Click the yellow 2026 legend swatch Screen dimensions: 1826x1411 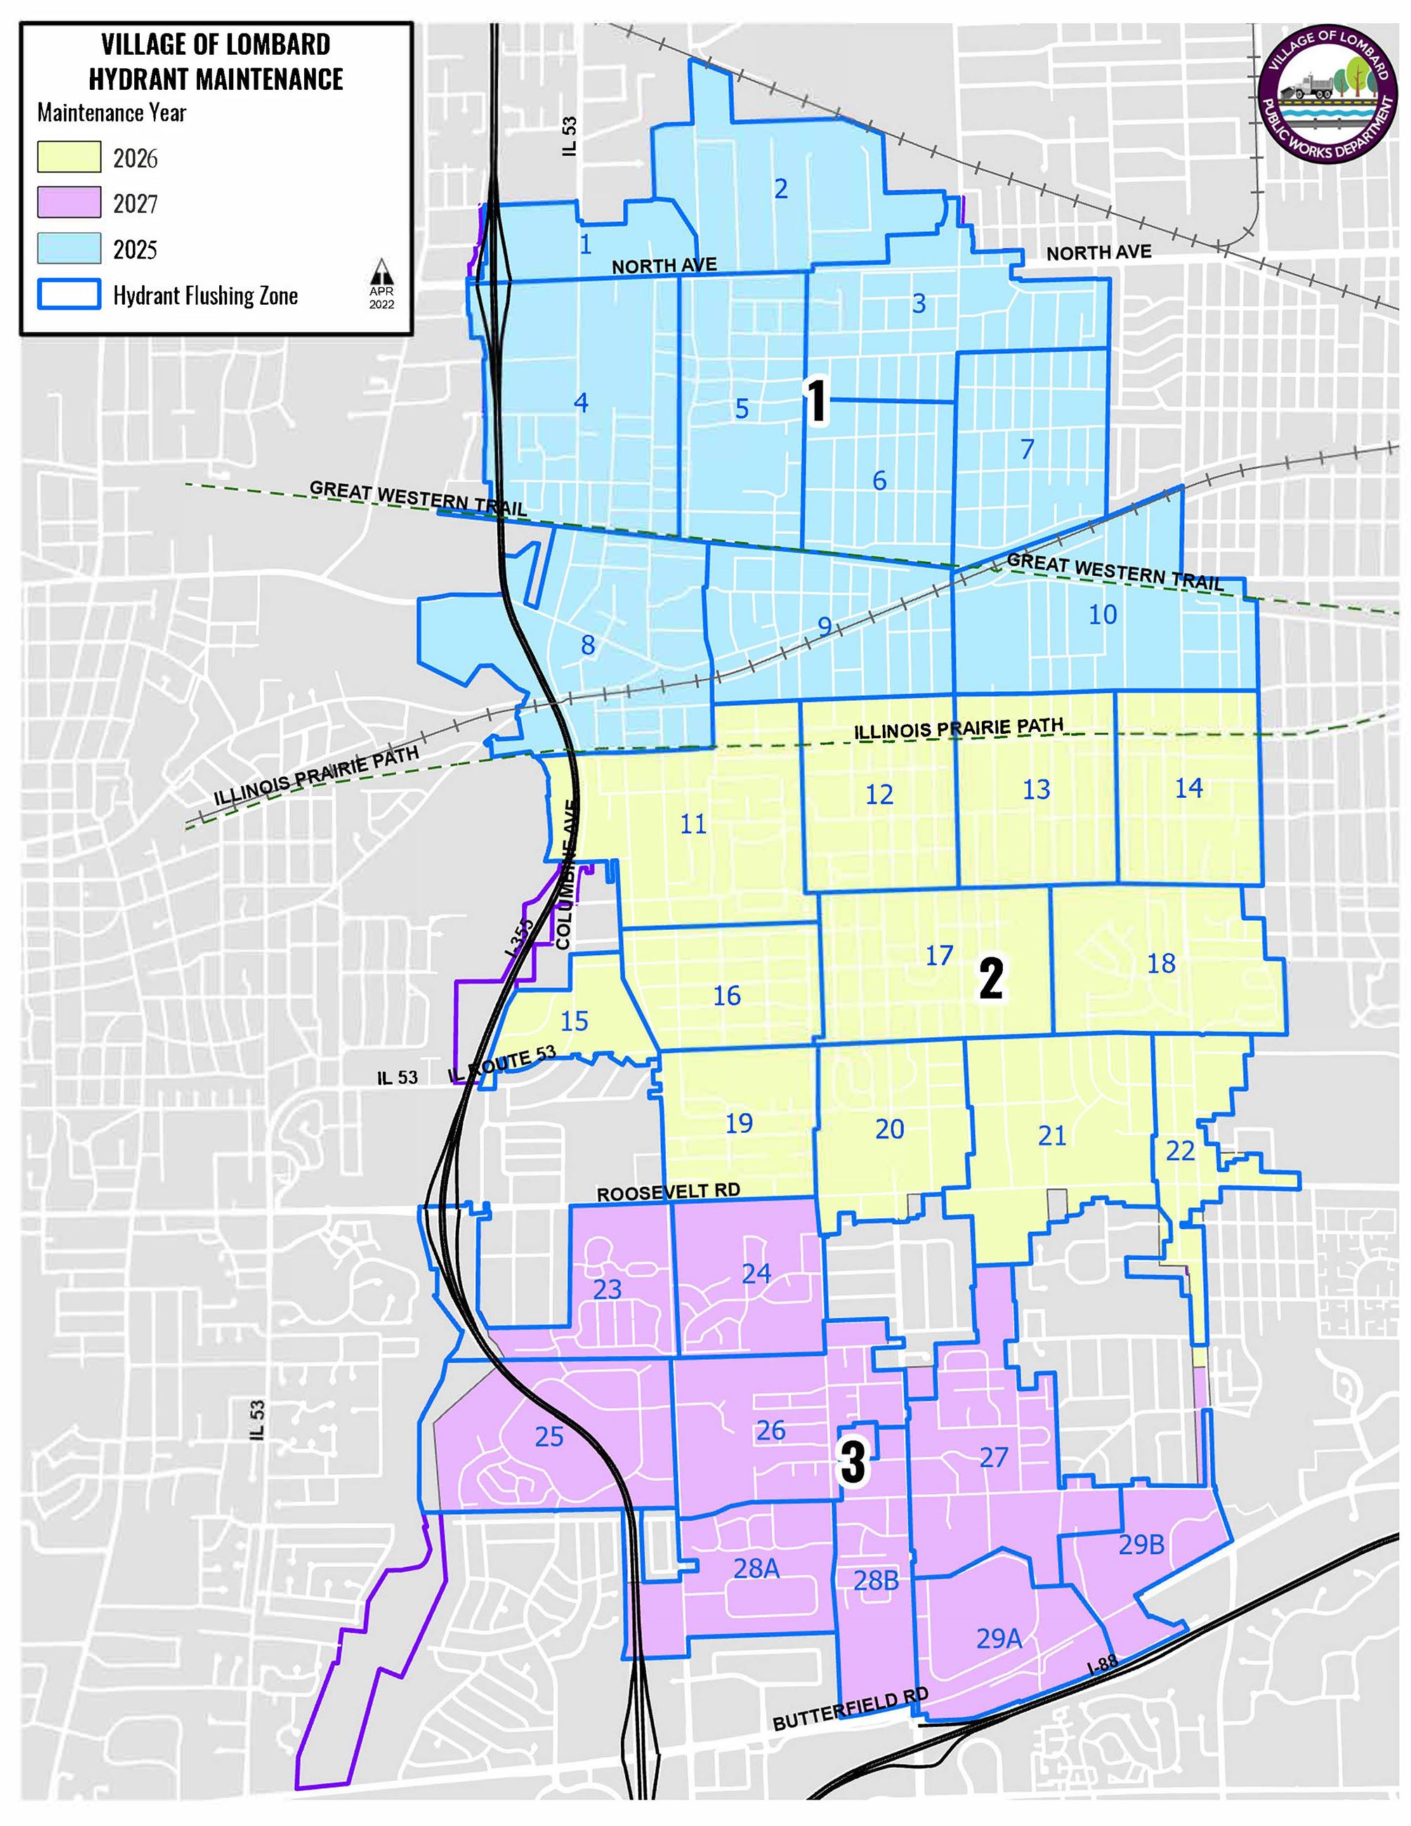pyautogui.click(x=70, y=157)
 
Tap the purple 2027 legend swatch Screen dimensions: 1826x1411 pyautogui.click(x=70, y=202)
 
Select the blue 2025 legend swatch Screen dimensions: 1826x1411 pyautogui.click(x=70, y=249)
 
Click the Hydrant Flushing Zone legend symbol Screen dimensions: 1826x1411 pyautogui.click(x=70, y=294)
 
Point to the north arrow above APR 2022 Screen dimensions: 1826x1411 pyautogui.click(x=381, y=270)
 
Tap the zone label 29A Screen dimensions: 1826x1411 pyautogui.click(x=999, y=1638)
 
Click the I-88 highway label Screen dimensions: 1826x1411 pyautogui.click(x=1103, y=1664)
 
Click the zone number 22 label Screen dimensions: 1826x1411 pyautogui.click(x=1179, y=1151)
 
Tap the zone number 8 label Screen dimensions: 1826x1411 pyautogui.click(x=588, y=645)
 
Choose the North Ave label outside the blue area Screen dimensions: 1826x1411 pyautogui.click(x=1098, y=251)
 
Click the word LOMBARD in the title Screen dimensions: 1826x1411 pyautogui.click(x=275, y=44)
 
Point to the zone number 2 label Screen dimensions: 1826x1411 pyautogui.click(x=781, y=189)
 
